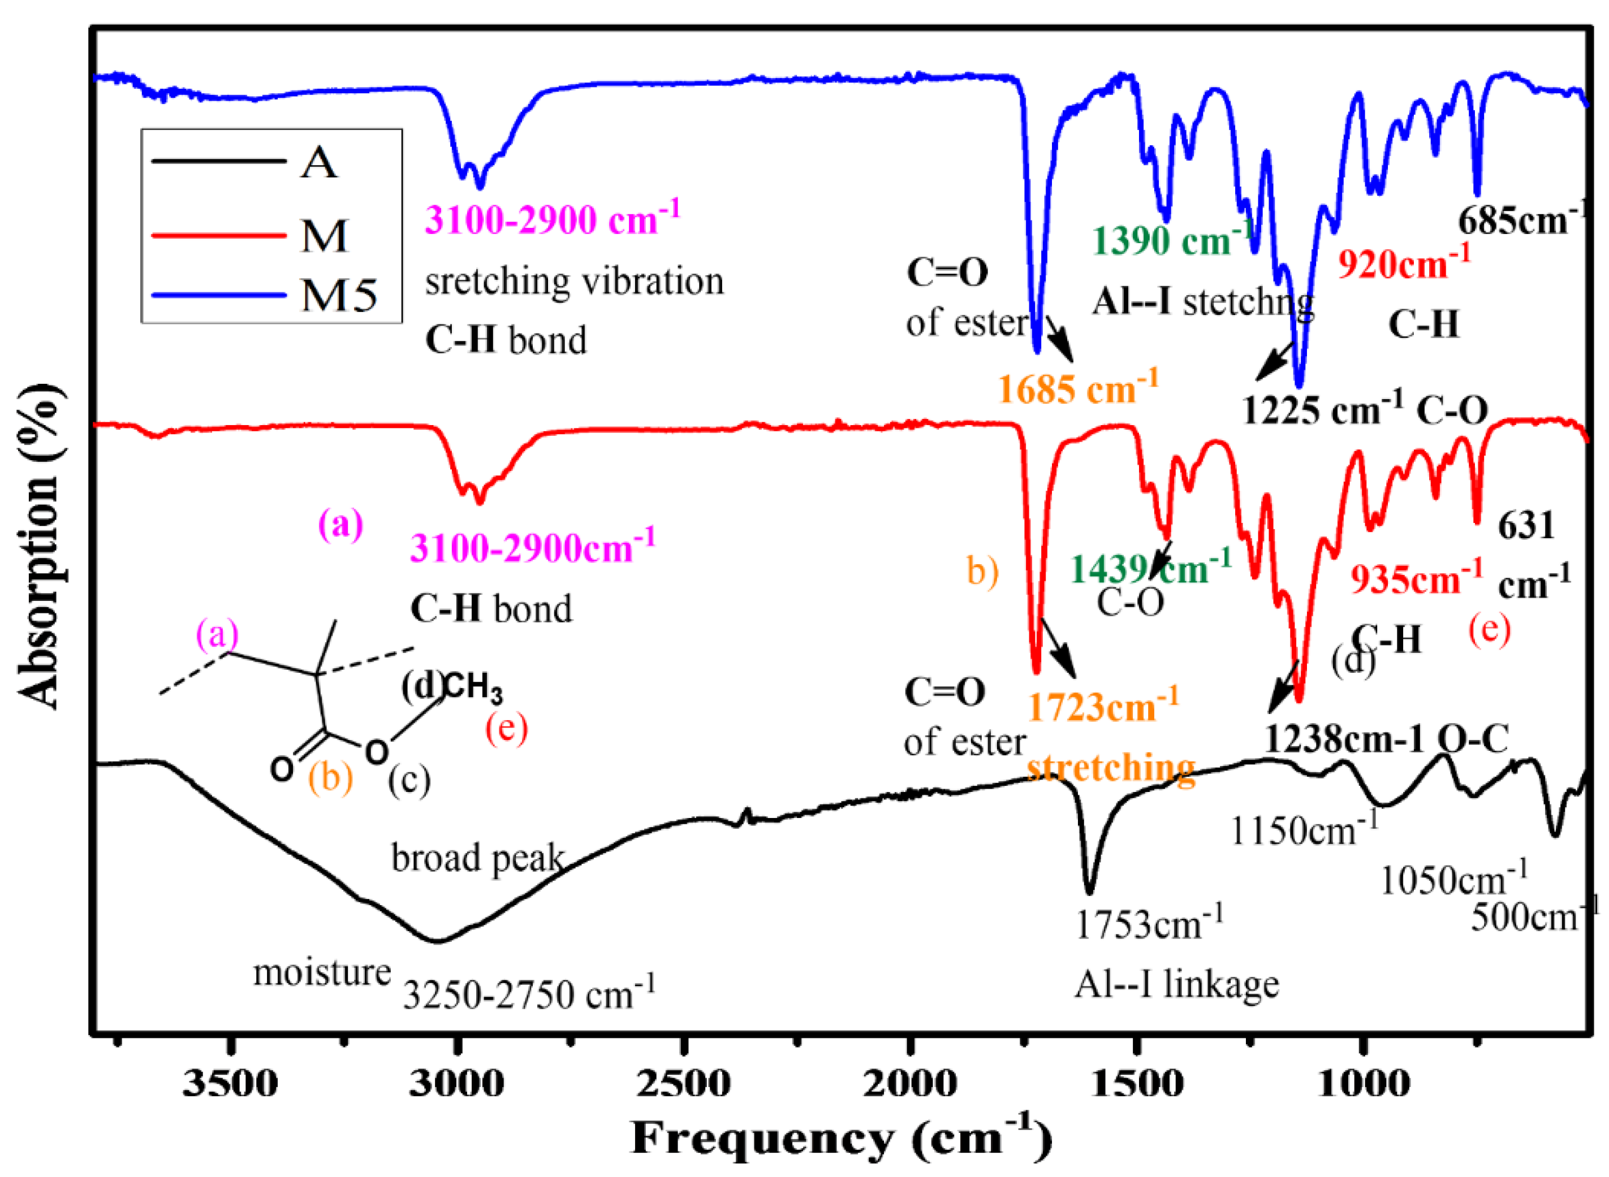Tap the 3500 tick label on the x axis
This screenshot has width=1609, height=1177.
pyautogui.click(x=230, y=1084)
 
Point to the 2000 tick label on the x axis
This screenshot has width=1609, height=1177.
pyautogui.click(x=909, y=1084)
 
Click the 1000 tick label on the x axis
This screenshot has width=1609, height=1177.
pyautogui.click(x=1362, y=1084)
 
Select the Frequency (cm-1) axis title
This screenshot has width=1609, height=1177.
pyautogui.click(x=841, y=1138)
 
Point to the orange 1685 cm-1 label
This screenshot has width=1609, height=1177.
pyautogui.click(x=1077, y=388)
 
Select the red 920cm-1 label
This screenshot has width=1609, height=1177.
pyautogui.click(x=1403, y=263)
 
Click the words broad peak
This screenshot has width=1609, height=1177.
pyautogui.click(x=477, y=858)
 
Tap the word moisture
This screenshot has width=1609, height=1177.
pyautogui.click(x=322, y=972)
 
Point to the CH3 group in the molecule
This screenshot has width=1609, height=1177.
pyautogui.click(x=474, y=687)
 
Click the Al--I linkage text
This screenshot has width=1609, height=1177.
pyautogui.click(x=1176, y=985)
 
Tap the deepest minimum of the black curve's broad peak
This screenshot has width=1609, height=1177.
pyautogui.click(x=437, y=941)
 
